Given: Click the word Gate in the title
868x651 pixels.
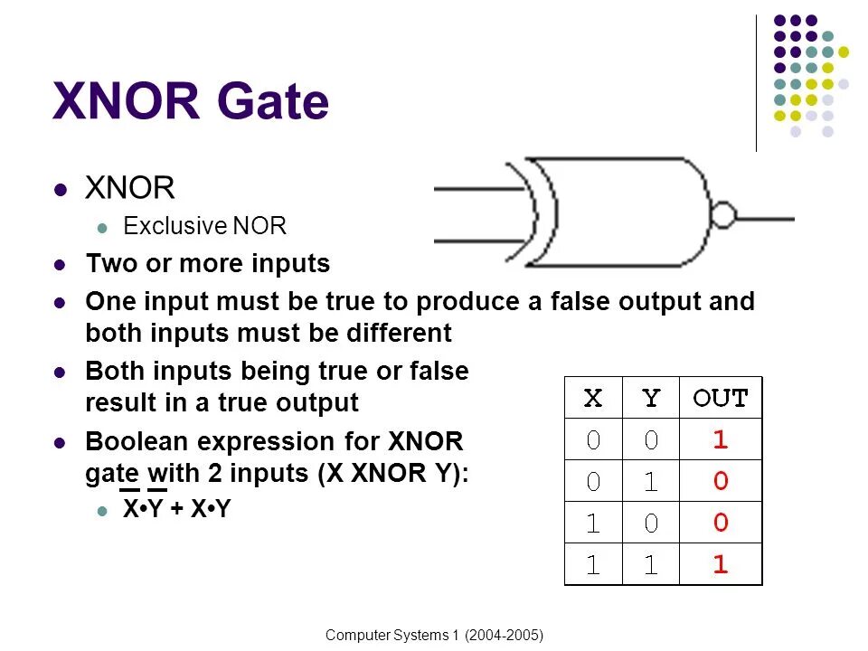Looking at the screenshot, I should pyautogui.click(x=272, y=102).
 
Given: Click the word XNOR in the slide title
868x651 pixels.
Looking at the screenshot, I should pyautogui.click(x=126, y=102).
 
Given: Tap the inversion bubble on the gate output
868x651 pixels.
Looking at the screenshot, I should pyautogui.click(x=722, y=217).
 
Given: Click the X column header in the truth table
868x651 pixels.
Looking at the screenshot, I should pyautogui.click(x=592, y=398).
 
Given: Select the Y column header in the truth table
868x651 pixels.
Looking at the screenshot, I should pyautogui.click(x=650, y=398).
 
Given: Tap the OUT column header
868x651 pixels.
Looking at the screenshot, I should pyautogui.click(x=720, y=398).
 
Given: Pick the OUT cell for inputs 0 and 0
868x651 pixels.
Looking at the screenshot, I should pyautogui.click(x=720, y=440).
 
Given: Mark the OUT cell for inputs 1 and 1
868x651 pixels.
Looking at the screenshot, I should pyautogui.click(x=720, y=565).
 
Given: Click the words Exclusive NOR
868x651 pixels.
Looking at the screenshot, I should pyautogui.click(x=204, y=226).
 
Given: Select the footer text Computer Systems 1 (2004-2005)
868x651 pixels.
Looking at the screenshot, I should pyautogui.click(x=434, y=636).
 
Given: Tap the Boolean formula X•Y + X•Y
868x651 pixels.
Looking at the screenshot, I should pyautogui.click(x=177, y=510).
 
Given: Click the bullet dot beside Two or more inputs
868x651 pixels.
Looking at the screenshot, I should pyautogui.click(x=61, y=266).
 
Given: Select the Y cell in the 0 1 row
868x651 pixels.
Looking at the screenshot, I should pyautogui.click(x=650, y=482).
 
